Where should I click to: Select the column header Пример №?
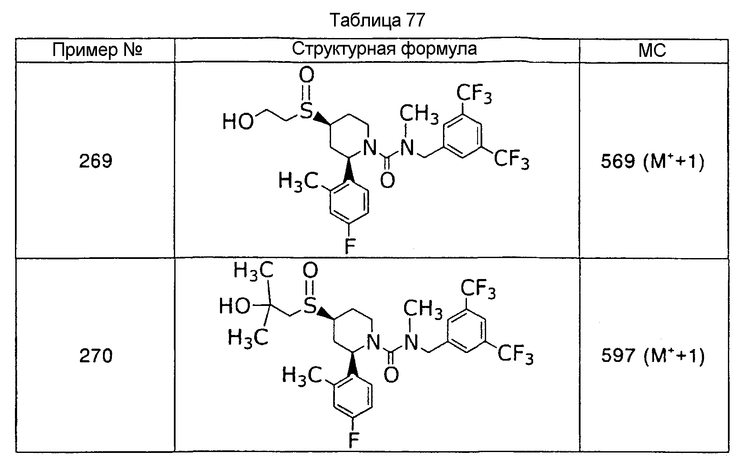click(x=97, y=50)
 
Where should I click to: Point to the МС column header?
click(x=652, y=50)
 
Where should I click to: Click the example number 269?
click(x=96, y=161)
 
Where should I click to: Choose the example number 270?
click(x=96, y=356)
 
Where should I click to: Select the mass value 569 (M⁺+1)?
click(x=652, y=162)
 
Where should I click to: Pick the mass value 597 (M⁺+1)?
click(x=652, y=356)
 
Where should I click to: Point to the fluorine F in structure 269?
click(x=350, y=247)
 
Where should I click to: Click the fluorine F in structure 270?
click(x=354, y=440)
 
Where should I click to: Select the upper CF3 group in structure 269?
click(x=474, y=94)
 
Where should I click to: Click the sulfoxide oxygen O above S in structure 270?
click(x=310, y=270)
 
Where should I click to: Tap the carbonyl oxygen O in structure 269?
click(x=387, y=181)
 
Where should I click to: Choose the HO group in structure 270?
click(x=235, y=306)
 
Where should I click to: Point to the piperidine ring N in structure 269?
click(x=370, y=148)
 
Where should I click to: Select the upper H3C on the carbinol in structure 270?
click(x=253, y=271)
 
